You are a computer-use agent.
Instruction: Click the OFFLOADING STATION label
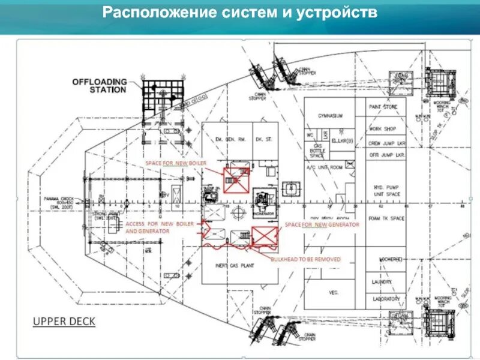tap(99, 85)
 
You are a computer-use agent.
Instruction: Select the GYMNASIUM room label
tap(330, 116)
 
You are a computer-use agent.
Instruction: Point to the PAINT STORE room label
tap(383, 107)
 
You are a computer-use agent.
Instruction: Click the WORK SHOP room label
tap(383, 128)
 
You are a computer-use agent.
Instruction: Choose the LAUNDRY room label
tap(381, 281)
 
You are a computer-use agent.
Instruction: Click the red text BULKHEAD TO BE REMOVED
tap(305, 259)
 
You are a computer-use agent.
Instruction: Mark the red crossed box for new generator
tap(262, 236)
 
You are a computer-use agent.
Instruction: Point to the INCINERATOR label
tap(264, 212)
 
